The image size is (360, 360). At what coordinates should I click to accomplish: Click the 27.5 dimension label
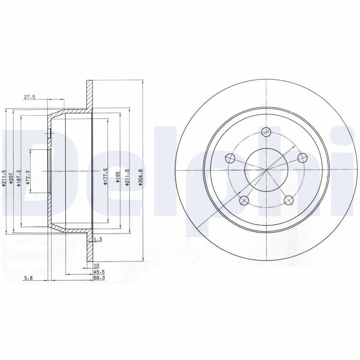(x=29, y=97)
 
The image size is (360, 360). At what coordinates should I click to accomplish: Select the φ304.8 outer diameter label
(x=140, y=177)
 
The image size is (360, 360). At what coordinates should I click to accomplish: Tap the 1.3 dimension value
(x=98, y=239)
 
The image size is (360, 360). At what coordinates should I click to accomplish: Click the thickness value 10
(x=96, y=265)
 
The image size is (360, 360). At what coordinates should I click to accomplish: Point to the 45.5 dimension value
(x=99, y=272)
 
